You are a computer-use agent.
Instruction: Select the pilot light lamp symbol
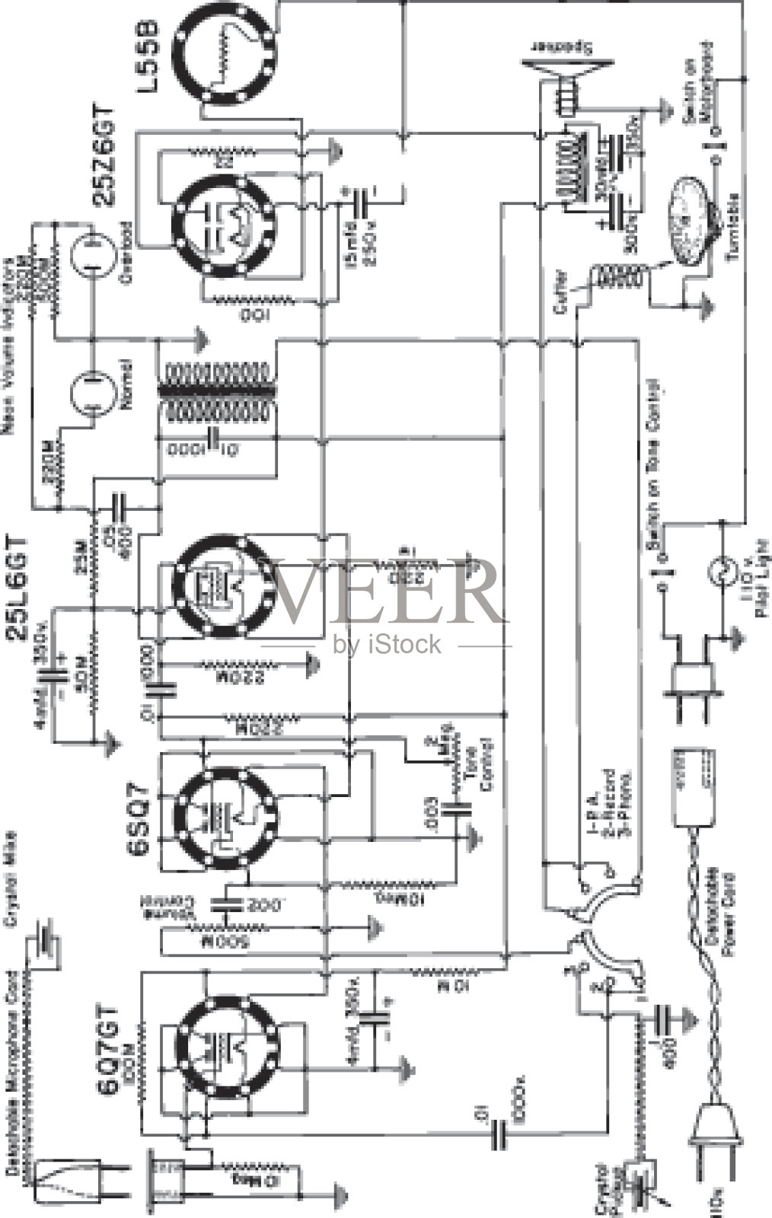[x=719, y=569]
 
